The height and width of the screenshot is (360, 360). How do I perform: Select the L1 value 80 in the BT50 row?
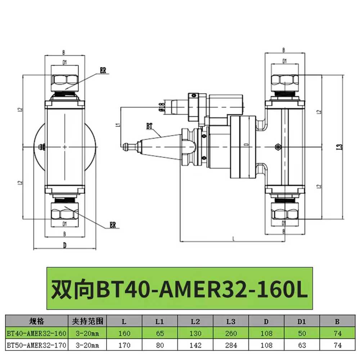click(160, 345)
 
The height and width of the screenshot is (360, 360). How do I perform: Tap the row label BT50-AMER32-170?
click(37, 345)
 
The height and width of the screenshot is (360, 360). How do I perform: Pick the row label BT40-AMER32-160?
click(37, 334)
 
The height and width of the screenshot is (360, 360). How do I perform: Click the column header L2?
click(195, 321)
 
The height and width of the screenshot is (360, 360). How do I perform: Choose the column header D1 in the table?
click(302, 321)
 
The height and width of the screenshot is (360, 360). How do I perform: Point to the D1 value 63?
click(302, 345)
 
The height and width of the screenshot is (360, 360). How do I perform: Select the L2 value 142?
click(195, 345)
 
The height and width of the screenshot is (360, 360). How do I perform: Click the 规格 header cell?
click(37, 321)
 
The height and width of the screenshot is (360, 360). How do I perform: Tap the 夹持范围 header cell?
click(87, 321)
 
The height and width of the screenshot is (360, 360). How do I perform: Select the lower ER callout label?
click(114, 226)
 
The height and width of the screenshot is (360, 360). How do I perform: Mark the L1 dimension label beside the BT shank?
click(117, 126)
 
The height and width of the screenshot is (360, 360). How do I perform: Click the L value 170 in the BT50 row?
click(125, 345)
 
